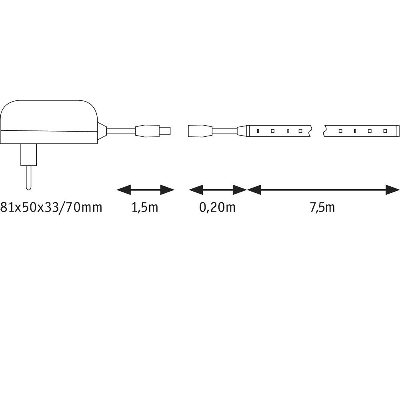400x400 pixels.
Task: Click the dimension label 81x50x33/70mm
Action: (51, 207)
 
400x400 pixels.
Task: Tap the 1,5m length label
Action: (145, 207)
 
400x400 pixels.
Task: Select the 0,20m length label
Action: (217, 207)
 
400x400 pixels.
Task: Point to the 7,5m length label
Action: (322, 207)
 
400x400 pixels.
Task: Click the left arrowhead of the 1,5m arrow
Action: (124, 190)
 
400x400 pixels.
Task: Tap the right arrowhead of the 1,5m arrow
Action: (167, 190)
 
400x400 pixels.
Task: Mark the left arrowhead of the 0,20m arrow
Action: (196, 190)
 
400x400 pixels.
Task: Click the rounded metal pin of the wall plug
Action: (28, 178)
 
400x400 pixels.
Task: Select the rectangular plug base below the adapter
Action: (29, 154)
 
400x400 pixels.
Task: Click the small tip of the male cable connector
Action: (165, 131)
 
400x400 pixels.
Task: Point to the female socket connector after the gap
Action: (200, 131)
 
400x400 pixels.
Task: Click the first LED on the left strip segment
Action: (258, 131)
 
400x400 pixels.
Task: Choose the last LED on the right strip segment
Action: (385, 131)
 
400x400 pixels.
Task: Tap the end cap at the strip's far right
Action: (398, 131)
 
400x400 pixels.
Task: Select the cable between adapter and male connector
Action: (121, 131)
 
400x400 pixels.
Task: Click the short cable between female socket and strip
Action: (224, 131)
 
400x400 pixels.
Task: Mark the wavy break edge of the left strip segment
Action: (310, 131)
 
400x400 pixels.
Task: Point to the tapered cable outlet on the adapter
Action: (102, 131)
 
